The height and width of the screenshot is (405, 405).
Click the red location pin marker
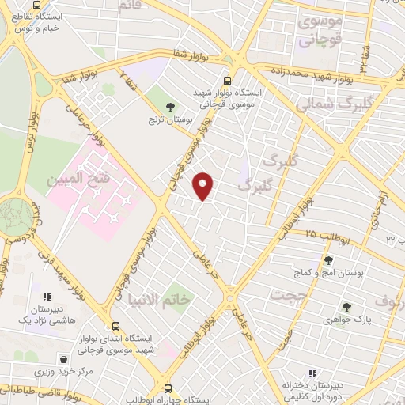click(x=204, y=186)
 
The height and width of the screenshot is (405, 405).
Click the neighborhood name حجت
click(x=287, y=295)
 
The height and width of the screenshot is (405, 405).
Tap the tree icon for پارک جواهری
click(x=346, y=306)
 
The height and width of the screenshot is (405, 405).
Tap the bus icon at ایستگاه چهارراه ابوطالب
click(x=168, y=388)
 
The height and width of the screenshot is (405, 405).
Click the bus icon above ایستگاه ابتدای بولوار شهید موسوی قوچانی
click(x=116, y=326)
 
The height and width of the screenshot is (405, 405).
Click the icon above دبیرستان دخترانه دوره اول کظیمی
click(x=312, y=373)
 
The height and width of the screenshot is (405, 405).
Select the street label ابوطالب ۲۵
click(x=323, y=236)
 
